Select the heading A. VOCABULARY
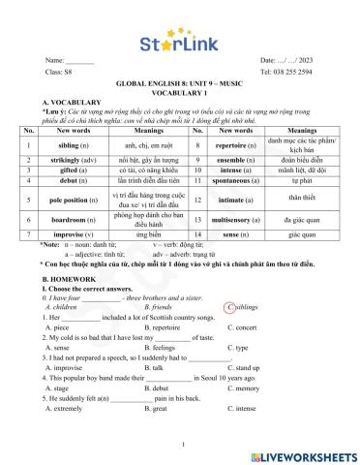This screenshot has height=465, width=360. click(72, 101)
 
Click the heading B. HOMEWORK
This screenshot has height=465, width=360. click(70, 276)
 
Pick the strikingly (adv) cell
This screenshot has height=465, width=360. click(75, 160)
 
